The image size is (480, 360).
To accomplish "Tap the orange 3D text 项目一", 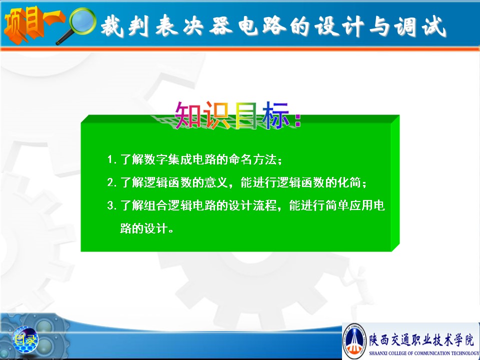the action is pos(33,24).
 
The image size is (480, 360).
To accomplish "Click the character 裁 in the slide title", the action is pos(112,25).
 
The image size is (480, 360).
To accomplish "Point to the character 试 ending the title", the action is pos(434,26).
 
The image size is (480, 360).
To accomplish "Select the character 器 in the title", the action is pos(221,25).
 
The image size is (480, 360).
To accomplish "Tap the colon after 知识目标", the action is pos(297,120).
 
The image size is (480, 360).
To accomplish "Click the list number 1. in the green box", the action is pos(111,159).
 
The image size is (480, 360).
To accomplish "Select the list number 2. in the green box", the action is pos(111,182).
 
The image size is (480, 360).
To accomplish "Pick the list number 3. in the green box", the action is pos(111,205).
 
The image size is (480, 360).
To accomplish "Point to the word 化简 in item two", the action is pos(349,182).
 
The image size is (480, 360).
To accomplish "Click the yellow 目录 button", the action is pos(25,340).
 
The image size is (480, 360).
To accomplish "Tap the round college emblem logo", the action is pos(354,340).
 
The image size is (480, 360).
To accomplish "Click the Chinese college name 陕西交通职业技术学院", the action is pos(421,340).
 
